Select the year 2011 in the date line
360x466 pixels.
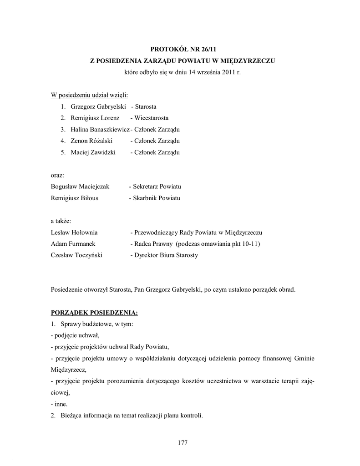[x=227, y=72]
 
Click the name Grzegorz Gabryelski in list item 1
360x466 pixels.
[x=98, y=107]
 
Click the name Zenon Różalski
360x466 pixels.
[x=91, y=141]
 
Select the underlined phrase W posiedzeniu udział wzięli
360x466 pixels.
[x=89, y=95]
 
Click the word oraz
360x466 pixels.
[x=57, y=175]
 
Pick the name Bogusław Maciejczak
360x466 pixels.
[x=80, y=187]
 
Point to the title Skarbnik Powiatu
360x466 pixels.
[x=157, y=198]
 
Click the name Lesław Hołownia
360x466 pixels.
[x=74, y=232]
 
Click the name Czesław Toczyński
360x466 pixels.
[x=76, y=255]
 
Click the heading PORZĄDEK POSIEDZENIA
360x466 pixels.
[x=94, y=313]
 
